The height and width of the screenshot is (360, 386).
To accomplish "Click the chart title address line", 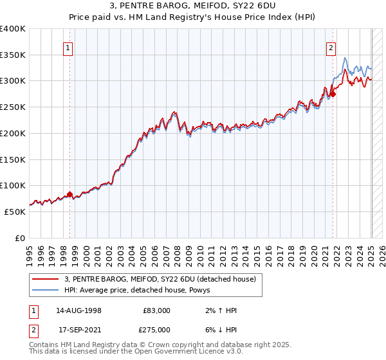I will [x=193, y=7].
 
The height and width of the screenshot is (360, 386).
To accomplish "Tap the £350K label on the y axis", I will [x=13, y=55].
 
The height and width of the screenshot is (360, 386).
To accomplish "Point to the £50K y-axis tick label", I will [x=15, y=212].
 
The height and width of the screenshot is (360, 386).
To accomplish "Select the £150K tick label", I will [x=13, y=159].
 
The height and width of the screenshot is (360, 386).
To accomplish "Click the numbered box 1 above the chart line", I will [x=68, y=46].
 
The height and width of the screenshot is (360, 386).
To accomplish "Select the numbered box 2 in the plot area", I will [x=331, y=46].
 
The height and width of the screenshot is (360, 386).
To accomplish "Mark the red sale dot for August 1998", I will [x=69, y=194].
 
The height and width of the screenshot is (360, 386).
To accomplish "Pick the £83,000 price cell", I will [x=157, y=310].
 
